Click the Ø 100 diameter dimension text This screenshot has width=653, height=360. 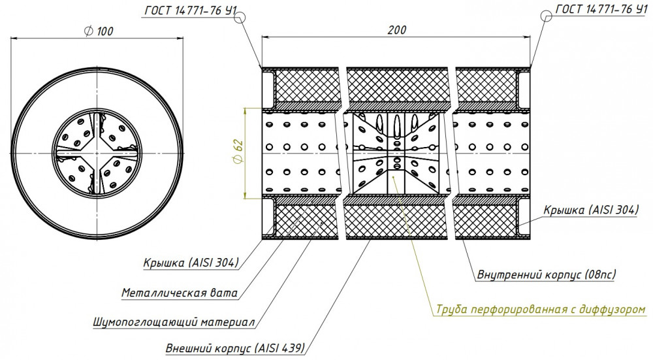tap(99, 31)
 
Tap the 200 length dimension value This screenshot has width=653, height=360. tap(397, 30)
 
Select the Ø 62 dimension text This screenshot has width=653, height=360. tap(238, 154)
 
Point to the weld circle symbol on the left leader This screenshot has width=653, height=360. tap(240, 17)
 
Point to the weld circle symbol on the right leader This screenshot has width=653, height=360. tap(547, 16)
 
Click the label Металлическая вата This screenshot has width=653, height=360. tap(180, 293)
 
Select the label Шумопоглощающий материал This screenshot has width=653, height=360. tap(174, 322)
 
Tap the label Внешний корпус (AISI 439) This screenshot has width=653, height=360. tap(235, 348)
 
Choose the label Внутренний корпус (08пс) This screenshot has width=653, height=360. tap(547, 274)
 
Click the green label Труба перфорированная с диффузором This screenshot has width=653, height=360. tap(541, 310)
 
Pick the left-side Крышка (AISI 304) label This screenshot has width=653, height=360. tap(191, 263)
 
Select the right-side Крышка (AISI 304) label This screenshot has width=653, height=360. tap(591, 210)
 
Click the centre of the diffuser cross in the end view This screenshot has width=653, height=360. tap(97, 154)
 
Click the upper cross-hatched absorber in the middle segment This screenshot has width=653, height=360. tap(397, 85)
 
